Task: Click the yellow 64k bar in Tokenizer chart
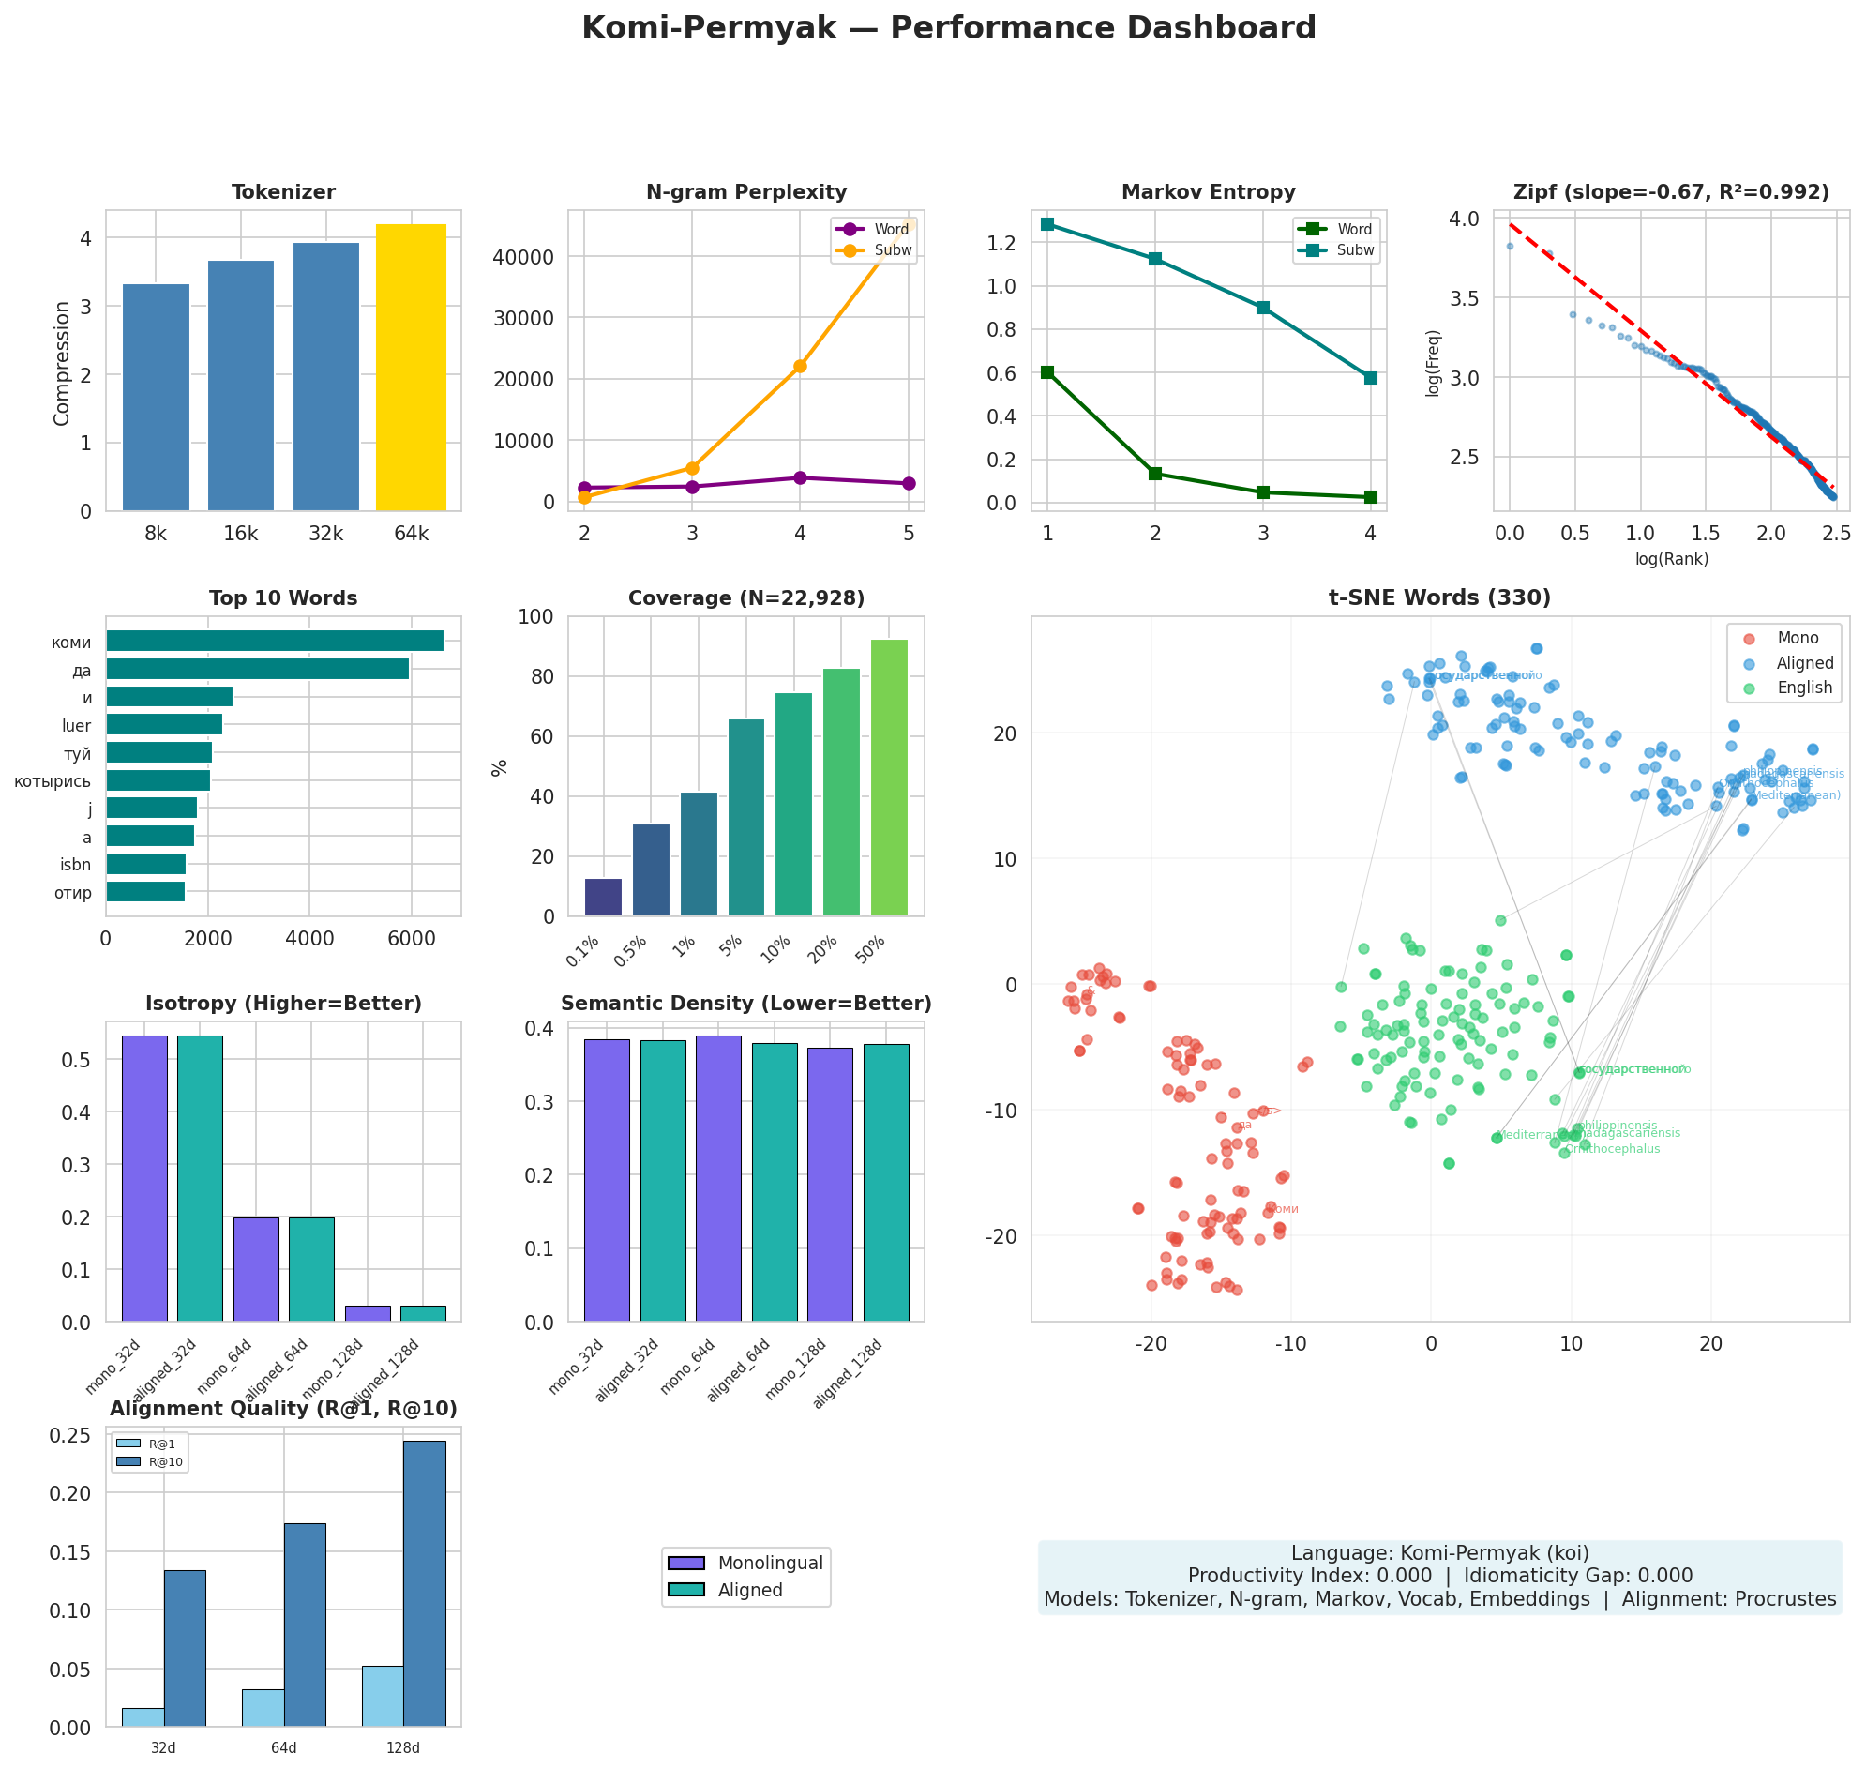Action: [x=410, y=367]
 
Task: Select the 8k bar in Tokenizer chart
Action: [x=156, y=397]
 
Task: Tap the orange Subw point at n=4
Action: [x=800, y=366]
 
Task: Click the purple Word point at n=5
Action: [x=908, y=484]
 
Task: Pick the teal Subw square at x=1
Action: [x=1046, y=224]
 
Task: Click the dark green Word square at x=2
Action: [x=1155, y=474]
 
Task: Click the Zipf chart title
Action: [x=1670, y=192]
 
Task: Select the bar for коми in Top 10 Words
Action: [x=275, y=642]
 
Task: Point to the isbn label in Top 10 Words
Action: [x=75, y=866]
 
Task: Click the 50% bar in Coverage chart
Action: [x=888, y=778]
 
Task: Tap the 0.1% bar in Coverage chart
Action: [x=603, y=898]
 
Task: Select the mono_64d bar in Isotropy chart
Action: [x=257, y=1269]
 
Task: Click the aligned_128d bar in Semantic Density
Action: [x=885, y=1183]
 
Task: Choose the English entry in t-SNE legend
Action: [x=1804, y=688]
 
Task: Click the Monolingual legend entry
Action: [x=770, y=1564]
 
